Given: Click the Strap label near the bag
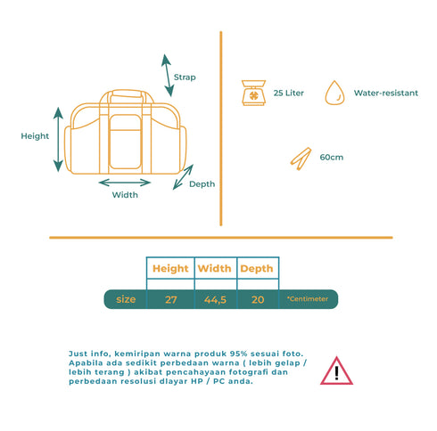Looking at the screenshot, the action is click(x=185, y=77).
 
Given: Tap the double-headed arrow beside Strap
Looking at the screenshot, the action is click(x=168, y=76).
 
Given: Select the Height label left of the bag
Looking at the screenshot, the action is click(x=35, y=136).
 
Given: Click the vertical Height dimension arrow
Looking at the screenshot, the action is click(x=58, y=140).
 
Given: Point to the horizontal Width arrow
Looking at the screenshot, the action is click(x=125, y=183).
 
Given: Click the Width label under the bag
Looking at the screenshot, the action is click(x=125, y=195).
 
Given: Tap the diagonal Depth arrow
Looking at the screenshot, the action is click(x=183, y=177).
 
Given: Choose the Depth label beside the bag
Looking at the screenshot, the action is click(x=202, y=184).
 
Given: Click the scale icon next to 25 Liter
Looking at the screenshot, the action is click(x=253, y=93).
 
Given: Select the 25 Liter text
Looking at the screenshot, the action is click(x=289, y=94).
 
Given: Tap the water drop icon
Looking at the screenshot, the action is click(x=334, y=93).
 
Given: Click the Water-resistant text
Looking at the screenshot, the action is click(x=386, y=94).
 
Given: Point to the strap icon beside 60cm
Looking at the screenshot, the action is click(x=301, y=159).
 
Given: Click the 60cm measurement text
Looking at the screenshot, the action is click(x=332, y=158).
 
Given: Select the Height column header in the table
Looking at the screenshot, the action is click(x=170, y=269).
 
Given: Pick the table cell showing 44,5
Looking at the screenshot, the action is click(x=215, y=300).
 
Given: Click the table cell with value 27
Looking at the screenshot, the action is click(x=171, y=300).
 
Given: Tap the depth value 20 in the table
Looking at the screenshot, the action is click(x=258, y=300).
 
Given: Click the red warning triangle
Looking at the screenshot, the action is click(x=336, y=371).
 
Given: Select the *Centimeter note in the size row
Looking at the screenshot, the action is click(x=308, y=299).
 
